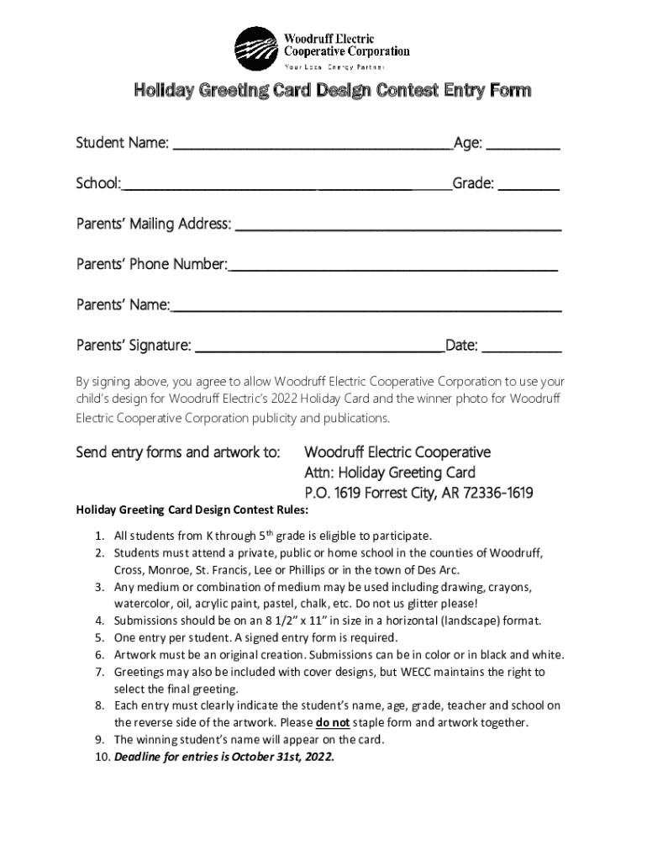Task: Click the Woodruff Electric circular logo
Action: pos(255,49)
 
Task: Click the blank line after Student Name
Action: pos(312,148)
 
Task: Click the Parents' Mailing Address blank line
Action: pos(398,229)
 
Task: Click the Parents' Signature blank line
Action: pos(319,350)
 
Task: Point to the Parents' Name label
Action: pos(123,304)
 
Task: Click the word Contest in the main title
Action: pos(407,90)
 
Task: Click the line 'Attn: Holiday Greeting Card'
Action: pos(390,473)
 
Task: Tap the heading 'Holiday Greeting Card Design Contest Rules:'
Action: pos(192,510)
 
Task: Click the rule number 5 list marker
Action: pos(99,637)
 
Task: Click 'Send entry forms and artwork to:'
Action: pos(178,452)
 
